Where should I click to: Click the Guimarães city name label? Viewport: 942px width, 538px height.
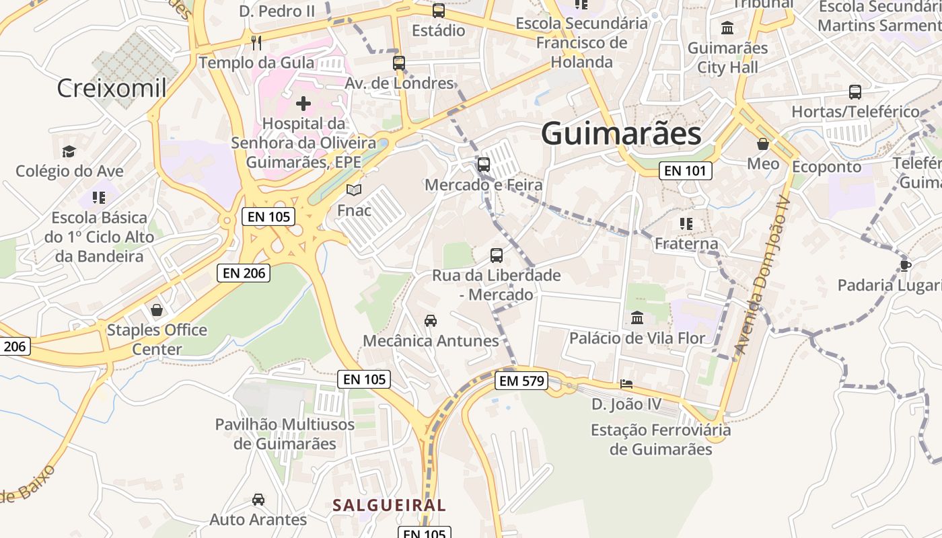click(621, 133)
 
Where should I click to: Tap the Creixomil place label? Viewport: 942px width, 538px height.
click(112, 88)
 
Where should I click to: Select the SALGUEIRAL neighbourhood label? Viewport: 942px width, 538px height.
click(389, 505)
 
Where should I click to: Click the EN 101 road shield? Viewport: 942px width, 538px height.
click(685, 171)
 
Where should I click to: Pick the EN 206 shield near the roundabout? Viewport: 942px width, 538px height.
click(244, 272)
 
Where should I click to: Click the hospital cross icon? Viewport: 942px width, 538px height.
click(303, 104)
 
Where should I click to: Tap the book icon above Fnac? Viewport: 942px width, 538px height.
click(354, 190)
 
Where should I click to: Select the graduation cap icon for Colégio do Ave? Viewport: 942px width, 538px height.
click(69, 151)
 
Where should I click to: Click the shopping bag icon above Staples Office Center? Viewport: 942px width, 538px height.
click(157, 310)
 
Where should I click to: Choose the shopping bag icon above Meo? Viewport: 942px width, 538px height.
click(763, 144)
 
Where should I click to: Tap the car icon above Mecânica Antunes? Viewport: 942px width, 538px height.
click(431, 321)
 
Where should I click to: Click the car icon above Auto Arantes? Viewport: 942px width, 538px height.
click(258, 500)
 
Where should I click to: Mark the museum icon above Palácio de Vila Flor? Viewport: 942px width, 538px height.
click(637, 317)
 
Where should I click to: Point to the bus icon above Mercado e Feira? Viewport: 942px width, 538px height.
click(484, 164)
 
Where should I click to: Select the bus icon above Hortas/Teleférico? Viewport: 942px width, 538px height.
click(855, 91)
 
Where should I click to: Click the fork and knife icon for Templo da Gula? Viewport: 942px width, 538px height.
click(256, 43)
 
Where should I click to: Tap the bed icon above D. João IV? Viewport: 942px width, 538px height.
click(626, 384)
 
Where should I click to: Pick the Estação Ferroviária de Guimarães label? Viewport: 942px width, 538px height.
click(660, 439)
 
